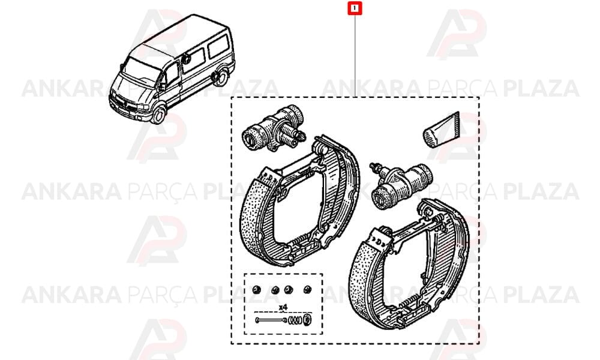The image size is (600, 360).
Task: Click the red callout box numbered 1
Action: pyautogui.click(x=355, y=8)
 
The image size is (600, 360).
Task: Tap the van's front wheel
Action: pyautogui.click(x=158, y=115)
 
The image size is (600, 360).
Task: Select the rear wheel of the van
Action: pyautogui.click(x=220, y=77)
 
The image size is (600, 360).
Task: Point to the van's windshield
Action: pyautogui.click(x=141, y=69)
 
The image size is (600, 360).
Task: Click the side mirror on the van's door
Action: pyautogui.click(x=162, y=86)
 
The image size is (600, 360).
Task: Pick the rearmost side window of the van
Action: pyautogui.click(x=219, y=46)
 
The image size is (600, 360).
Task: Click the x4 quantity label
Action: pyautogui.click(x=283, y=307)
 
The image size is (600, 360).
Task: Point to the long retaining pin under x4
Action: pyautogui.click(x=271, y=320)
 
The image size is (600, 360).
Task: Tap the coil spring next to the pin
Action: pyautogui.click(x=295, y=319)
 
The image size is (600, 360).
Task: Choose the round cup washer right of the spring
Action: pyautogui.click(x=307, y=319)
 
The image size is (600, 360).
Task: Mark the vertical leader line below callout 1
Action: pyautogui.click(x=355, y=56)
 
